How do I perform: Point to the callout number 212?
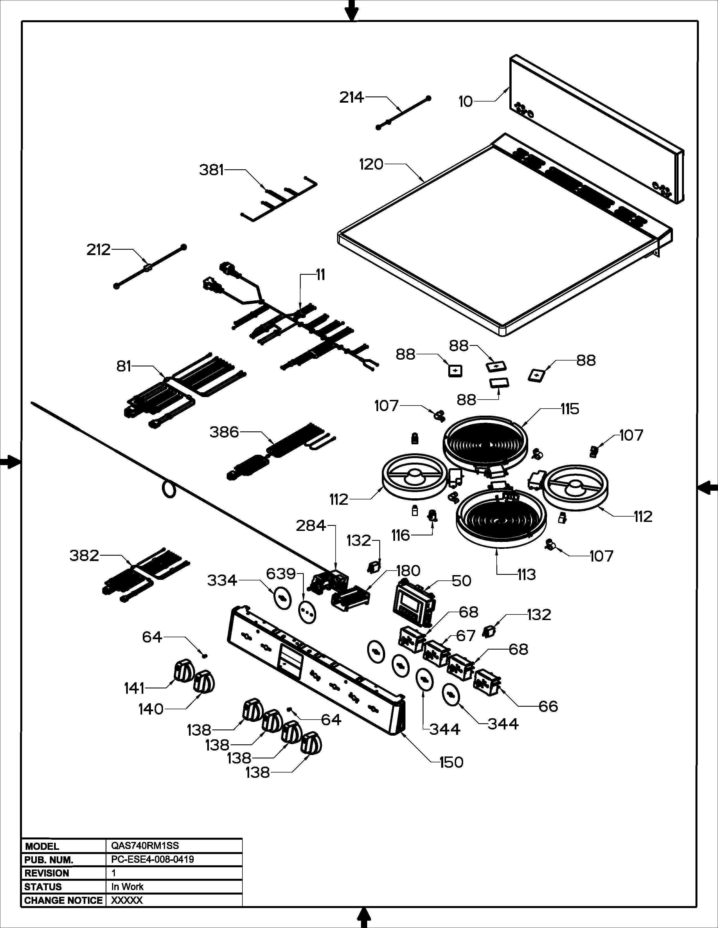(98, 249)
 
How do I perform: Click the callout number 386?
(224, 432)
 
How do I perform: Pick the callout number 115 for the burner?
(570, 409)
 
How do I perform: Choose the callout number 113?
(526, 575)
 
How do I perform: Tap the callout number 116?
(400, 535)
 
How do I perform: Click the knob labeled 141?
(184, 670)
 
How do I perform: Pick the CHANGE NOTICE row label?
(63, 900)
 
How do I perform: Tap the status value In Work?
(127, 887)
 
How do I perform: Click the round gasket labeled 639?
(307, 612)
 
